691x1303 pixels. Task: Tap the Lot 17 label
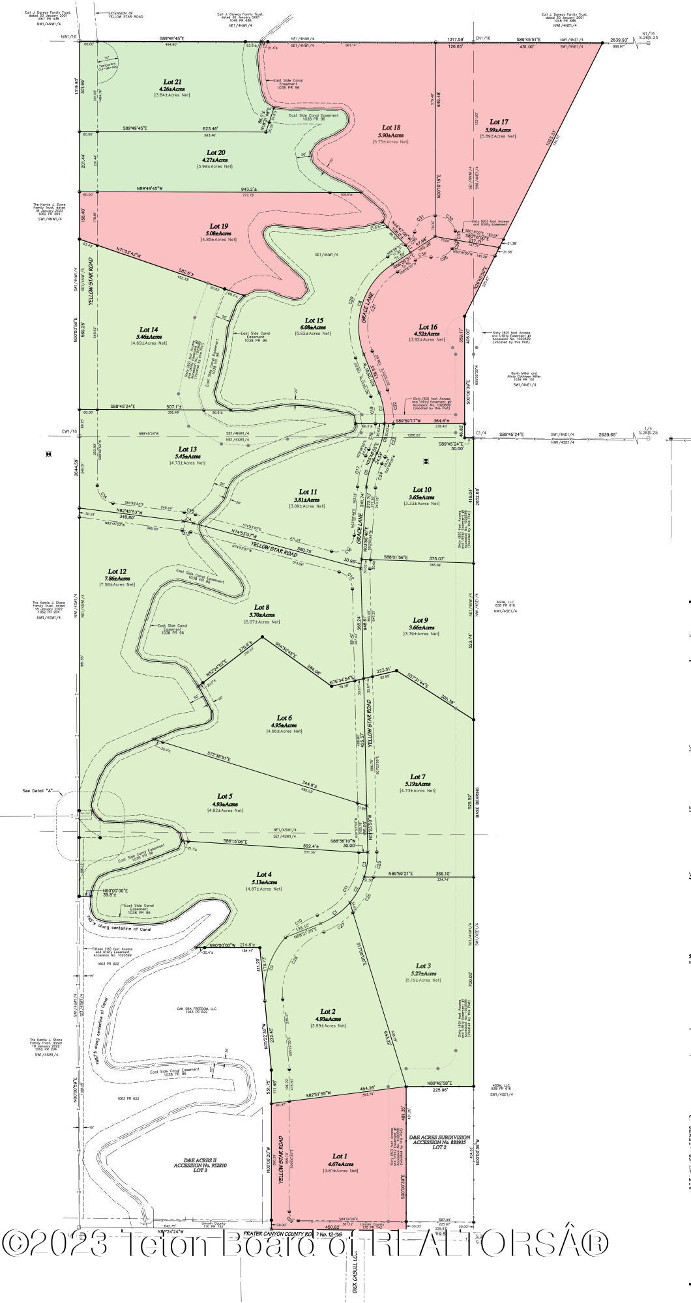[499, 122]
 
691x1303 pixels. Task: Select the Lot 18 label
[391, 127]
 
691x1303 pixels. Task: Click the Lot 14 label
[149, 329]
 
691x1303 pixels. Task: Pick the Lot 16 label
[428, 327]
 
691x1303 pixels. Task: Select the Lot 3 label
[423, 966]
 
